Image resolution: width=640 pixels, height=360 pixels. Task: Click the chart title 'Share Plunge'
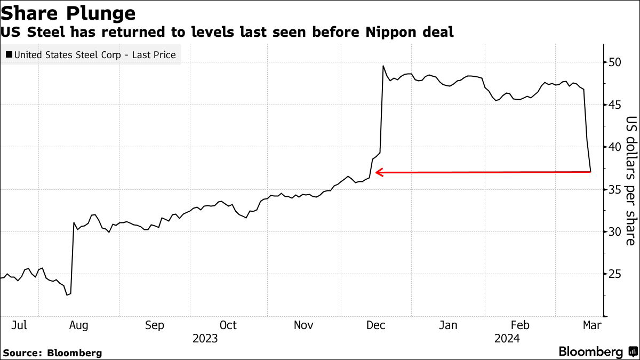(68, 12)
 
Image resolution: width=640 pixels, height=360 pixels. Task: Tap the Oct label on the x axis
(228, 325)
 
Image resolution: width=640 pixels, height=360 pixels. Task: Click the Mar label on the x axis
(591, 325)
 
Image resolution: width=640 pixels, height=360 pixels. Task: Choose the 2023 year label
(205, 338)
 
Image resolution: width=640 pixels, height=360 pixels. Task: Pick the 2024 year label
(507, 338)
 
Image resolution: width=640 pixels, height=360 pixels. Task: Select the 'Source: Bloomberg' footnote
(52, 353)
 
